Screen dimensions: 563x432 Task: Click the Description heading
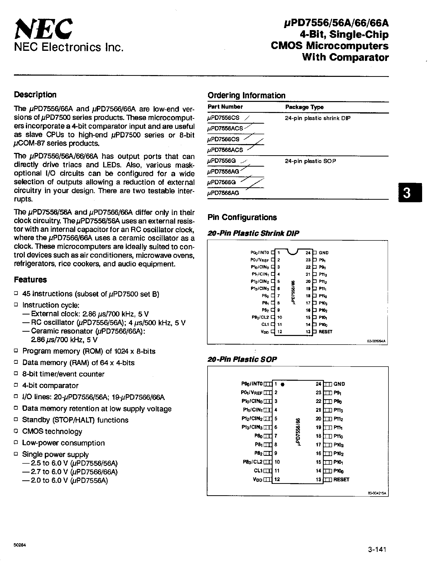coord(35,95)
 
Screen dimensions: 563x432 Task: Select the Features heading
coord(30,279)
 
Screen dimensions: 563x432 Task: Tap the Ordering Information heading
coord(246,95)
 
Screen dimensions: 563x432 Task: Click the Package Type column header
coord(304,107)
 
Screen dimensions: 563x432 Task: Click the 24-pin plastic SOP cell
coord(310,161)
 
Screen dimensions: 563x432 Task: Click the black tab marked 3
coord(410,193)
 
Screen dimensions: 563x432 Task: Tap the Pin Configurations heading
coord(242,217)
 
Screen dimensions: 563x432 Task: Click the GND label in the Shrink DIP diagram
coord(323,253)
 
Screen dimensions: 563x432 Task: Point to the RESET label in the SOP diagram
coord(341,479)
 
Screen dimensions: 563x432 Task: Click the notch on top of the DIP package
coord(293,252)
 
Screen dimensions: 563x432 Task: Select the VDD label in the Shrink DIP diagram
coord(265,332)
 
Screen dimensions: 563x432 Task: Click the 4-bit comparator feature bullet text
coord(50,386)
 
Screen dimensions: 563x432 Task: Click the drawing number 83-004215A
coord(377,493)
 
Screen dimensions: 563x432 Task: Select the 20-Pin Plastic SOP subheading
coord(242,359)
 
